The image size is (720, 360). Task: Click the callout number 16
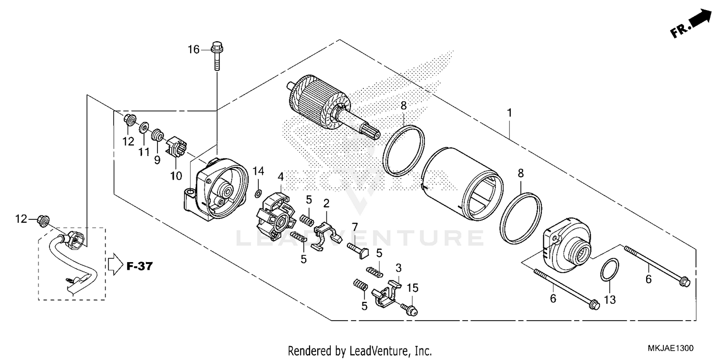coord(193,49)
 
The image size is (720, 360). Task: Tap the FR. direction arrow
coord(691,24)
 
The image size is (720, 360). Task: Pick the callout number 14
coord(259,171)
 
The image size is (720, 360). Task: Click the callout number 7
coord(355,227)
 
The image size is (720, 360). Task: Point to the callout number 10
coord(176,176)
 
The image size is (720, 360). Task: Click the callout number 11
coord(144,153)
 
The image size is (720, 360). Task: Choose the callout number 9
coord(157,160)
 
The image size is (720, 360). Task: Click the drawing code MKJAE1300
coord(671,347)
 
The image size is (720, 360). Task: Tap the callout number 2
coord(326,203)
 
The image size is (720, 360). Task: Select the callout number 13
coord(610,300)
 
